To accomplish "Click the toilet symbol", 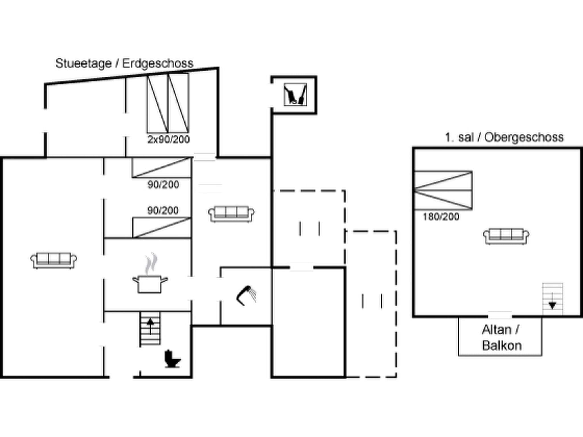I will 172,359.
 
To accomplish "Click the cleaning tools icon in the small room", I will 295,94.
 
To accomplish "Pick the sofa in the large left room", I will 54,260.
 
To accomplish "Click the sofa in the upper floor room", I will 506,236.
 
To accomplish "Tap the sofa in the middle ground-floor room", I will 231,214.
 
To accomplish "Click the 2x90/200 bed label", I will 169,139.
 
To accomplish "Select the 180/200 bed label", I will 441,217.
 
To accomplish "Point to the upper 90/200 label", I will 163,185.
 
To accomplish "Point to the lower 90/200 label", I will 163,211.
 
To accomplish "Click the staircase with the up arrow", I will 150,329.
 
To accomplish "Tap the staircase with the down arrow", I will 552,299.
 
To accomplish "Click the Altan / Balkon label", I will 501,338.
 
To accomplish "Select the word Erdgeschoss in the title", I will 158,63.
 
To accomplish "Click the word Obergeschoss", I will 524,137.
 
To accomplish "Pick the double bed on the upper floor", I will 443,190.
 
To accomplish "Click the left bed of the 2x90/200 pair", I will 157,104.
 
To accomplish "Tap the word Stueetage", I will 83,63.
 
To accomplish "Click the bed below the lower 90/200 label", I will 162,228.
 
